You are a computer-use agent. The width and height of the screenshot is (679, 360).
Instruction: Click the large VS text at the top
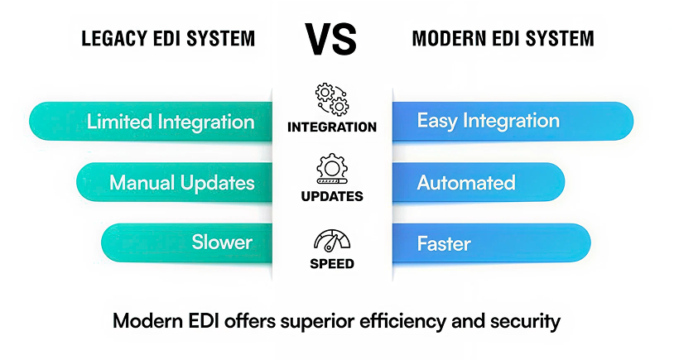click(331, 39)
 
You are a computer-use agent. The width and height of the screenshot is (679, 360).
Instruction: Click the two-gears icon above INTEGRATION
click(332, 99)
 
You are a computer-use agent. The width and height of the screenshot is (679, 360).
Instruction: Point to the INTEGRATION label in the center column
click(332, 127)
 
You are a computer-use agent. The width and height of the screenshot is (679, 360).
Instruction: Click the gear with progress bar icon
click(332, 169)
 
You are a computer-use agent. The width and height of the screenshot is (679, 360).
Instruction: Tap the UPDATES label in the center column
click(332, 196)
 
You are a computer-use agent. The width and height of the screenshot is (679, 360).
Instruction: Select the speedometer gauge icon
click(332, 241)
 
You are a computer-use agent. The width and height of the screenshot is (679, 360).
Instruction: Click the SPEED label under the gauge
click(332, 263)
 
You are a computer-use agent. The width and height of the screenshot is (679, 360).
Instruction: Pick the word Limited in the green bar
click(119, 121)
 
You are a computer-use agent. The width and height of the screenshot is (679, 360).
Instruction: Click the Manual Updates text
click(182, 183)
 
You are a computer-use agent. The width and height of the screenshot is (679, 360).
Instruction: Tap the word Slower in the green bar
click(222, 242)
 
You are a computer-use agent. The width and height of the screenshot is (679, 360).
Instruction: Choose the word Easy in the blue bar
click(437, 121)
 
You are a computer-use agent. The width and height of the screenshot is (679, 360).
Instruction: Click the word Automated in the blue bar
click(466, 183)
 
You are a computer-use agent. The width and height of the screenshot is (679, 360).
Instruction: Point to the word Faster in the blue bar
click(444, 243)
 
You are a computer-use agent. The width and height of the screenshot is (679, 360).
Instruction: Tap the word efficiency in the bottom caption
click(402, 321)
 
